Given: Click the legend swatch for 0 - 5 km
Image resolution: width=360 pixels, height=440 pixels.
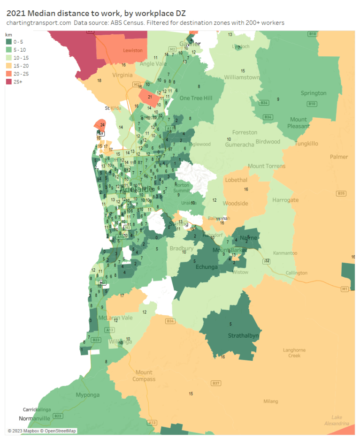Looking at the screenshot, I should (8, 41).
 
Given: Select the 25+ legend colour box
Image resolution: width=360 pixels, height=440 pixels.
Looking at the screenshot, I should (8, 82).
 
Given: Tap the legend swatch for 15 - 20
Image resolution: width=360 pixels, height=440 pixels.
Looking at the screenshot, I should (8, 65).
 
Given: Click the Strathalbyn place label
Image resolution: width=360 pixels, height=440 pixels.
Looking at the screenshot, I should (244, 336).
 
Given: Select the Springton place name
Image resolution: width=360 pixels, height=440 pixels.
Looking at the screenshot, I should (313, 93).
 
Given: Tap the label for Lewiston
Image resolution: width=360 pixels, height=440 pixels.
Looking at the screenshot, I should (132, 50).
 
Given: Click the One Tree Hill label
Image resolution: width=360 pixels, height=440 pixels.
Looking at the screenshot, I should (196, 98).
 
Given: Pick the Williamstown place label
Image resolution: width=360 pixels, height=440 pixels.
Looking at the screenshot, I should (242, 77).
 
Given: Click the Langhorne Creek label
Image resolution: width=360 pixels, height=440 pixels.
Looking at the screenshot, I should (294, 353).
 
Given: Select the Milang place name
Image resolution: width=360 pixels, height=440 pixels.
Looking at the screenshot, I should (270, 401).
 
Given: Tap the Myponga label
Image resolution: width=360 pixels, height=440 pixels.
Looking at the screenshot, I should (88, 394).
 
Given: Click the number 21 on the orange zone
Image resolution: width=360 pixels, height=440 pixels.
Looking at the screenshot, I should (150, 97).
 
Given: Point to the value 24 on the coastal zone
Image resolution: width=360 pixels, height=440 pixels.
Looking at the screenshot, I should (102, 125).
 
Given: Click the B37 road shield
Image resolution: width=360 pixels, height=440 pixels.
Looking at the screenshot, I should (216, 383).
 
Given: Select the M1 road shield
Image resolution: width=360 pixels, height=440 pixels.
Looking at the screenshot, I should (345, 288).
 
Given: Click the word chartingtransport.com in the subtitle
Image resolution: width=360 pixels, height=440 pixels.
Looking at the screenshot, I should (39, 23).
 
